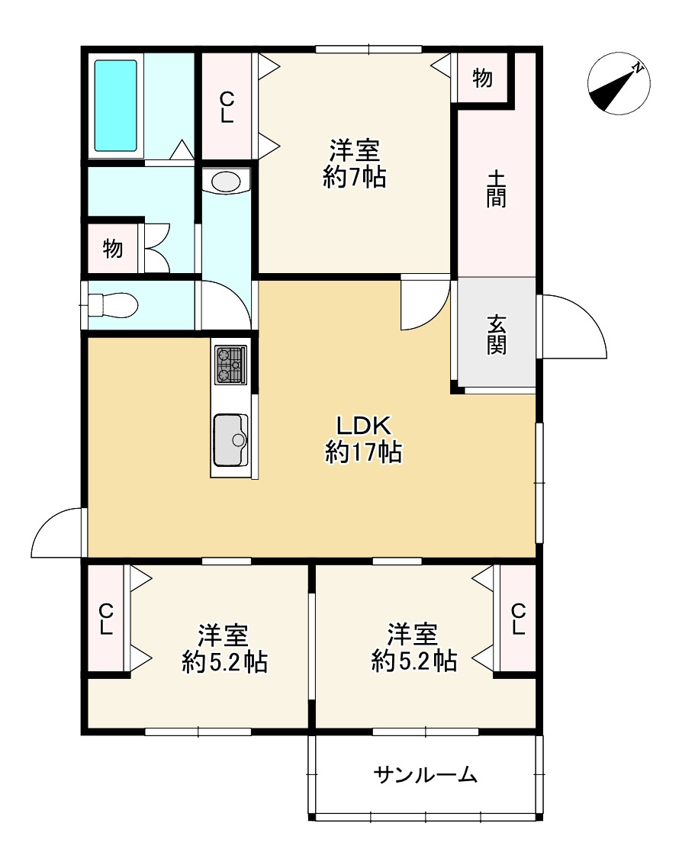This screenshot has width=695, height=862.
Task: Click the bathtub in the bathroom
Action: (115, 105)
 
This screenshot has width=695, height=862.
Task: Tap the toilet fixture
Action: (112, 305)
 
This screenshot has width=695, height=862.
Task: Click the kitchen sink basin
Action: (231, 440)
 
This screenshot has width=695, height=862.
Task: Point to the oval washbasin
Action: (226, 182)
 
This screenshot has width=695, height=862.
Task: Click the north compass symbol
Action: (619, 83)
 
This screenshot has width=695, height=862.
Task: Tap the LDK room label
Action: (363, 426)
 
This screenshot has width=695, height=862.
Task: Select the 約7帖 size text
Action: (355, 177)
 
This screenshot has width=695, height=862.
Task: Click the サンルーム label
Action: (425, 775)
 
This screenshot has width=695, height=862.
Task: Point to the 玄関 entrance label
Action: (496, 336)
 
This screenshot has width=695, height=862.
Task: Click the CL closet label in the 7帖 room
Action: (227, 108)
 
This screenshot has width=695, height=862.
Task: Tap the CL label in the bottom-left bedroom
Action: (106, 619)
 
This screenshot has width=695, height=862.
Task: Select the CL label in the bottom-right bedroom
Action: (518, 619)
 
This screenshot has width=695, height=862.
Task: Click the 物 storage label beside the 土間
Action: (482, 78)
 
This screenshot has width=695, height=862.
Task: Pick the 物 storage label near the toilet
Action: (113, 249)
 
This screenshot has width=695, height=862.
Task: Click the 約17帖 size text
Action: (363, 452)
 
